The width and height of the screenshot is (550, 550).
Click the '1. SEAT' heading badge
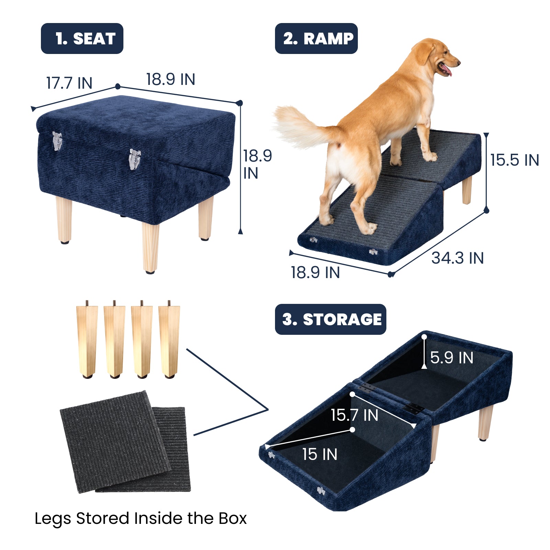82,38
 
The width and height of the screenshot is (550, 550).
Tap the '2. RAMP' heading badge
316,38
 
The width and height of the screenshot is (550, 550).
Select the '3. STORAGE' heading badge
331,319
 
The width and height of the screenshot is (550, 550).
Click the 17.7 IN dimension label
69,83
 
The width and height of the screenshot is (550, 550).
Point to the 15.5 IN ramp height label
514,160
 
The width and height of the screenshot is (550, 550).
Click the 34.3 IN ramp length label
458,258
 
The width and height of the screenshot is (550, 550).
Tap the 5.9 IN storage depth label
452,357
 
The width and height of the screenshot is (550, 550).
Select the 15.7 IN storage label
354,415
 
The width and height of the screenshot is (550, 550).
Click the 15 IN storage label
320,454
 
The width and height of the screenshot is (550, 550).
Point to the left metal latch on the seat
57,141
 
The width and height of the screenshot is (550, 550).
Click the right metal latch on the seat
134,159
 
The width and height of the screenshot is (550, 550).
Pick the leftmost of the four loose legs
87,340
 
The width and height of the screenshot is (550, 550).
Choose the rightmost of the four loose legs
169,340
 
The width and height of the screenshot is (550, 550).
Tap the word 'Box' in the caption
232,518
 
